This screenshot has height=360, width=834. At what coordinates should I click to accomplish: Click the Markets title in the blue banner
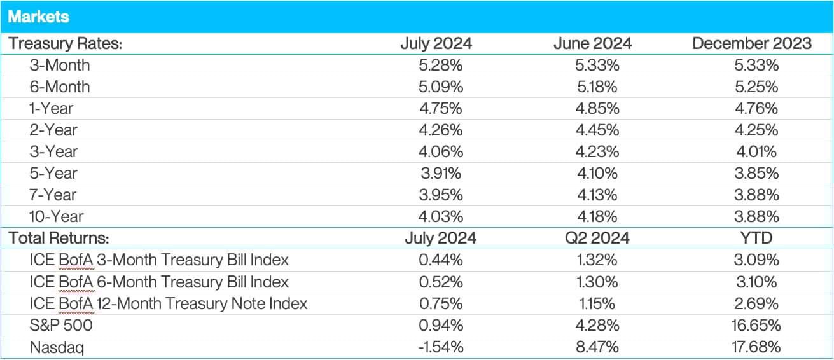38,17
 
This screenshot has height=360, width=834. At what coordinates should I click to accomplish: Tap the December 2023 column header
752,43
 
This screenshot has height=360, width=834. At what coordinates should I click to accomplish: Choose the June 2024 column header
592,43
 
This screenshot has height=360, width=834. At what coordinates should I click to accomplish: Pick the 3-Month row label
59,65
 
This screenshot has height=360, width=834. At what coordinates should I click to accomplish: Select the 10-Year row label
56,216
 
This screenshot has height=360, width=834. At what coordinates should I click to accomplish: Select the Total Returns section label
59,238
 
